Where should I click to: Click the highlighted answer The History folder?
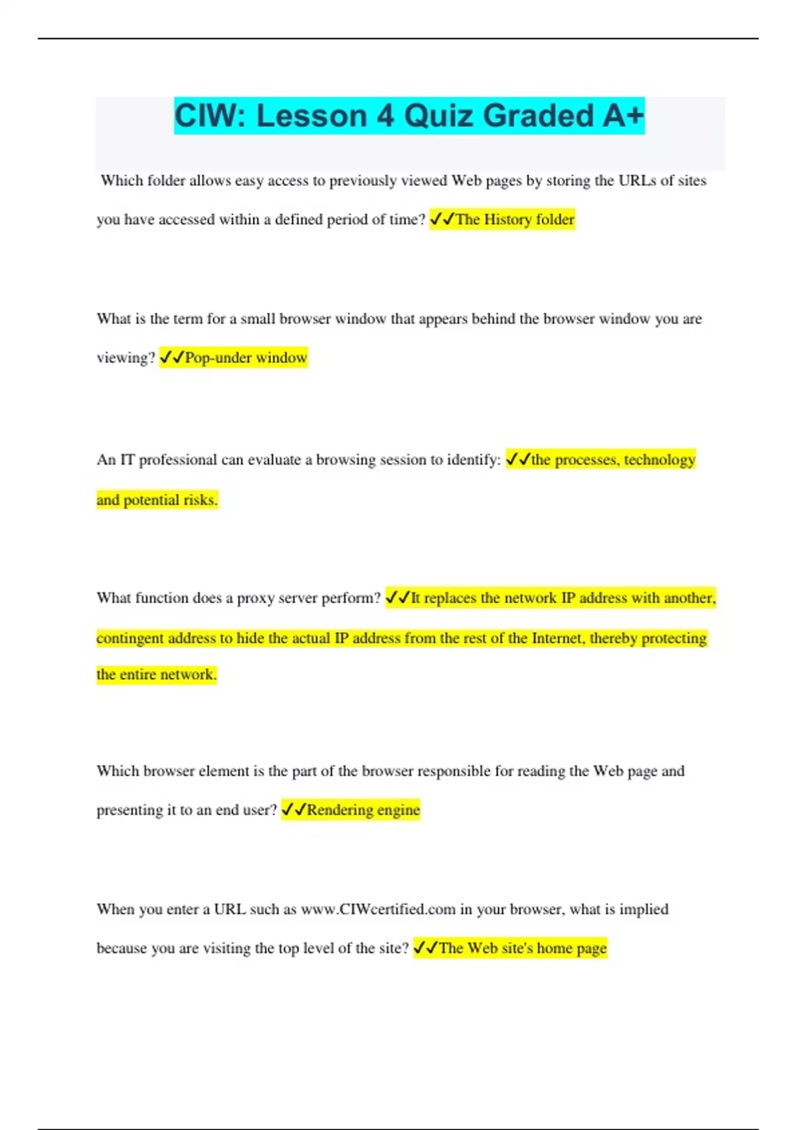click(514, 219)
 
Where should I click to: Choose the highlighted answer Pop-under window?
click(246, 358)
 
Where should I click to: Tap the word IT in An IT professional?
click(127, 460)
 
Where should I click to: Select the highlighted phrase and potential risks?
click(157, 500)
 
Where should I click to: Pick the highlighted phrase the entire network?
click(156, 675)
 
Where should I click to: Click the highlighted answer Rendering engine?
click(363, 810)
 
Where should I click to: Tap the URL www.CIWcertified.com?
click(378, 909)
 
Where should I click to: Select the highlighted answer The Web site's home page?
click(523, 949)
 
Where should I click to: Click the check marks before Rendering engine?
click(294, 810)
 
